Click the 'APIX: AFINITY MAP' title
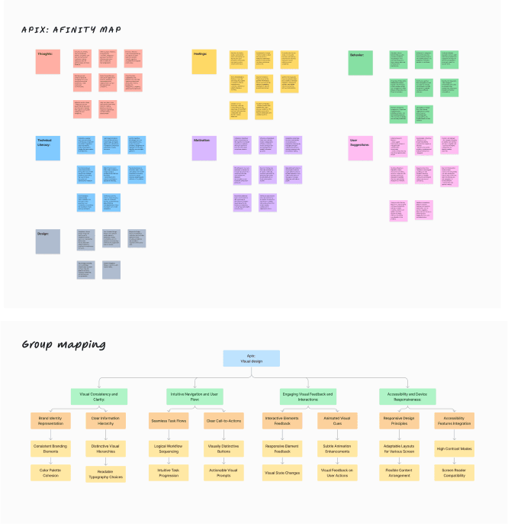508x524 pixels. (71, 30)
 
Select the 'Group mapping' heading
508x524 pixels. (63, 344)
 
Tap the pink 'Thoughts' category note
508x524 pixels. (47, 62)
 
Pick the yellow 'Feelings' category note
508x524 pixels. (204, 62)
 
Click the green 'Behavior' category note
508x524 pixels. (360, 63)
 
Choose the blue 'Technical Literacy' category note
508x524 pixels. (47, 148)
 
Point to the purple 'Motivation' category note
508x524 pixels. (204, 148)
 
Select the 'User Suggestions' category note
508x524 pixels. (360, 148)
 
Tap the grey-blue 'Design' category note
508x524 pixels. (47, 241)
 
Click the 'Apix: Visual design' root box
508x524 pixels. (251, 358)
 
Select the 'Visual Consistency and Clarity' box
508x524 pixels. (98, 396)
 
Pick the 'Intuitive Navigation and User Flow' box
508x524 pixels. (194, 396)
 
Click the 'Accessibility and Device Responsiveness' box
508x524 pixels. (407, 396)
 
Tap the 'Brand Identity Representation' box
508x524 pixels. (50, 420)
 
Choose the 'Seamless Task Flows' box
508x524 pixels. (167, 420)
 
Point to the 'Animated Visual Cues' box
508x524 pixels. (336, 420)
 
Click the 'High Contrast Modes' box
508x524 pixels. (454, 448)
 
